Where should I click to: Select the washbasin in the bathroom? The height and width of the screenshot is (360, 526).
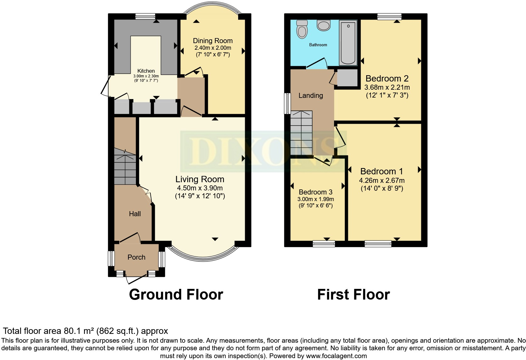323,25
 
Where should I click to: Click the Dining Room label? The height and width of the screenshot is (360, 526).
213,41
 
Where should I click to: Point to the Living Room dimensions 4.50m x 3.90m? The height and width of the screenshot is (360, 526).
200,188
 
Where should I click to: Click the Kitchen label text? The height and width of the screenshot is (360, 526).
146,71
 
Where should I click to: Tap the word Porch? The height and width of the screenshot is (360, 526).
136,257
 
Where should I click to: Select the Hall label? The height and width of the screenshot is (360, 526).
135,214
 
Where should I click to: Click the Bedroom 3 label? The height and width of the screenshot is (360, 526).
316,192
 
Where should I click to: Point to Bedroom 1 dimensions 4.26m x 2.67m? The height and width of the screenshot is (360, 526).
382,181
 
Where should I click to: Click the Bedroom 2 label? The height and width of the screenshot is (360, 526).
387,78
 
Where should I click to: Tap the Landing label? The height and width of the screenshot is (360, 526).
311,95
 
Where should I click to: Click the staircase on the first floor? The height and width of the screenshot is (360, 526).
301,133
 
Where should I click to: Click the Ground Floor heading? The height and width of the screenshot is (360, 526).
176,295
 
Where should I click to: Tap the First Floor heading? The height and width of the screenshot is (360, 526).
353,295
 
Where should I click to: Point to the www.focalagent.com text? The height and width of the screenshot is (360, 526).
336,356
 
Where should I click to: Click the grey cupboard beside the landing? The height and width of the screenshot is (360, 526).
347,78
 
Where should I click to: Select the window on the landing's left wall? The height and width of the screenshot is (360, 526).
287,103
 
